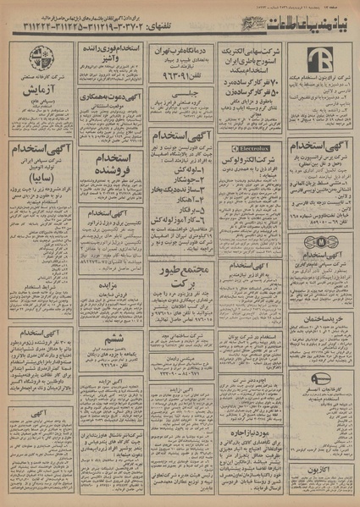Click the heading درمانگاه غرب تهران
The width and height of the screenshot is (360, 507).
click(x=179, y=50)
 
